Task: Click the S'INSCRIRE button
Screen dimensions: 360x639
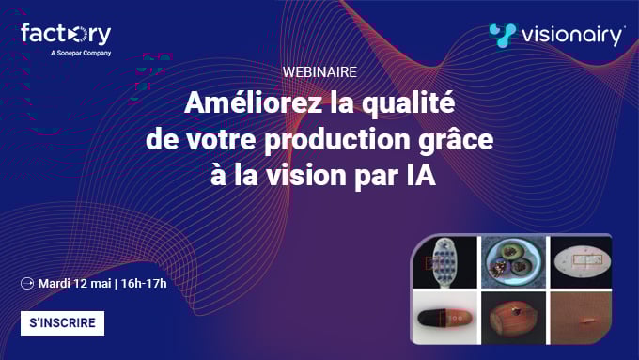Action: tap(62, 323)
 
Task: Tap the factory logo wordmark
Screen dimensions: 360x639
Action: tap(66, 35)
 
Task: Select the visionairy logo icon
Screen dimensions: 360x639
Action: tap(504, 35)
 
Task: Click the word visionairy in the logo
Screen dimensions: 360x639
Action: tap(572, 36)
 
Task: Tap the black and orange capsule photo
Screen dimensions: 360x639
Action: tap(445, 318)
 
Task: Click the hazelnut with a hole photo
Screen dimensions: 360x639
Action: tap(512, 318)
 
